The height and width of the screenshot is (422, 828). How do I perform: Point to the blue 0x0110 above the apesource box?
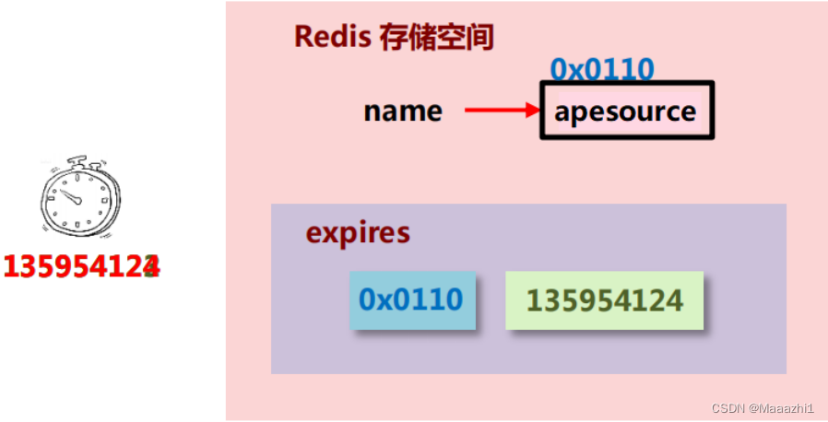601,69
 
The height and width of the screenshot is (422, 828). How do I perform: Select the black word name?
403,111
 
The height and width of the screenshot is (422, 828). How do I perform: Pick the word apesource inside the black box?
625,111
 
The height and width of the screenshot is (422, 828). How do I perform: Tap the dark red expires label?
358,231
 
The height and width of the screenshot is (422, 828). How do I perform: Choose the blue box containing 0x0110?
412,300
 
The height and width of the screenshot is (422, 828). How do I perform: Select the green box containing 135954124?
604,300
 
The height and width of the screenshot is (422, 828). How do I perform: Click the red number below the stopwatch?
81,266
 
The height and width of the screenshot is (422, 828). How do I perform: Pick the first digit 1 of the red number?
10,266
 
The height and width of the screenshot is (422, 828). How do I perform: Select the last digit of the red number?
151,266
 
